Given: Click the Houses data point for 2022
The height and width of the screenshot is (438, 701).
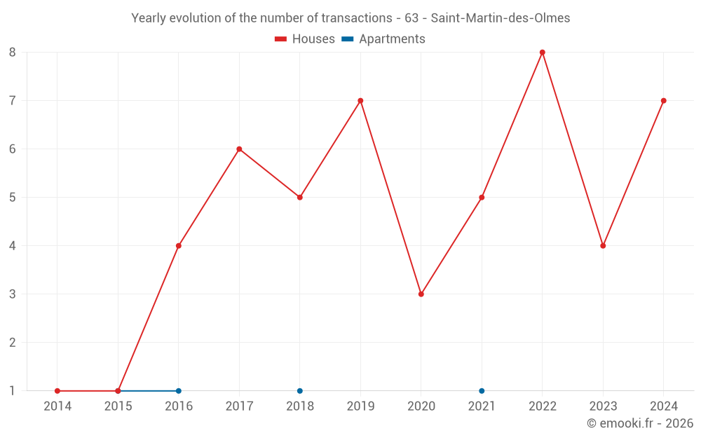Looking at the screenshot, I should [x=543, y=53].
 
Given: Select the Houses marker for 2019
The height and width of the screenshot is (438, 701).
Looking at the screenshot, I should [x=360, y=101].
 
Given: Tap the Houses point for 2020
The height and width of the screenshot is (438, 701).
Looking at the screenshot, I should [x=421, y=294].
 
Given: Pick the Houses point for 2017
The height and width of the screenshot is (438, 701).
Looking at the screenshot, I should [x=239, y=149].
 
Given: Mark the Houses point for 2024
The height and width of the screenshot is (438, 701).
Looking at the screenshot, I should [x=663, y=101].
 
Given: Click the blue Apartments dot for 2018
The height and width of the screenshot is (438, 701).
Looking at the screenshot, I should [x=300, y=391].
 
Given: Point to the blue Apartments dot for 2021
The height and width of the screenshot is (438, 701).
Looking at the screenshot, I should [x=482, y=391].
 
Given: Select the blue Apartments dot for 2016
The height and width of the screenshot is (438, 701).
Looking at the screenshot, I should [x=179, y=391].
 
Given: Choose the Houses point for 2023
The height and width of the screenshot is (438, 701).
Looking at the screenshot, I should [x=603, y=246].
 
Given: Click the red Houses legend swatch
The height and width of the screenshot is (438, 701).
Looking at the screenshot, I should [x=281, y=39].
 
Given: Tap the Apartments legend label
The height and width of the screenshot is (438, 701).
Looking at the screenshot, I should [x=392, y=39].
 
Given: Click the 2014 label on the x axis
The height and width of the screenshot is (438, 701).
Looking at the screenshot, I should [x=57, y=406].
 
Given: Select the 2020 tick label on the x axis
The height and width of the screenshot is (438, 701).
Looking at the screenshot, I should [x=421, y=406].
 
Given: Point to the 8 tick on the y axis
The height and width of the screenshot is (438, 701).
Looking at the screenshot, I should [x=13, y=53].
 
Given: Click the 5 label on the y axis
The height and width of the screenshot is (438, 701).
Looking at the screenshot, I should [x=13, y=198].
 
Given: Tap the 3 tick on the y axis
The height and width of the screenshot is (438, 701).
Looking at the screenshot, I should [x=13, y=294].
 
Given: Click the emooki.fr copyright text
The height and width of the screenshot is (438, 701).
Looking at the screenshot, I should [x=640, y=423].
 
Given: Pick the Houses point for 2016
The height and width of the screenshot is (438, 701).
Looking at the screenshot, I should [x=179, y=246].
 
